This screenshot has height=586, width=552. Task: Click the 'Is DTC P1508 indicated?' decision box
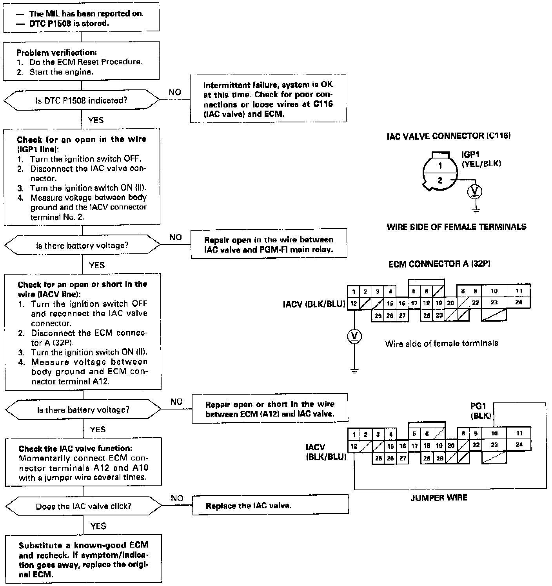tap(82, 100)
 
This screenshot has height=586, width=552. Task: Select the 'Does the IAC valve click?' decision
tap(84, 506)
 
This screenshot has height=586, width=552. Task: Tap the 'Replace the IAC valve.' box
tap(270, 505)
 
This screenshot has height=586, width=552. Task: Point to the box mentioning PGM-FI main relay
tap(269, 244)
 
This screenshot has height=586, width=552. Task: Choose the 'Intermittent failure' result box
tap(268, 99)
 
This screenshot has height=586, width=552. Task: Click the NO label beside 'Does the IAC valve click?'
tap(177, 498)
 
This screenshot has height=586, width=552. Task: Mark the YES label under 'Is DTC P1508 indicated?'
tap(96, 120)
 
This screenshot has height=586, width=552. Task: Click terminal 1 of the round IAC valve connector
tap(440, 166)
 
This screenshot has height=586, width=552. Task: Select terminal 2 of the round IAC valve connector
tap(440, 180)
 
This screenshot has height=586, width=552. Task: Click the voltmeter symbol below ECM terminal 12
tap(354, 335)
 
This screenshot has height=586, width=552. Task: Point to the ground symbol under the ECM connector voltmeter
tap(354, 371)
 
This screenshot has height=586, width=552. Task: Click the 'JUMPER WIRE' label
tap(439, 498)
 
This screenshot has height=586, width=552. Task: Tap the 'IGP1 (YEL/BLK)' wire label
tap(481, 159)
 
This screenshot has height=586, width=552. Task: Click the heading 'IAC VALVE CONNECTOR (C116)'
tap(448, 136)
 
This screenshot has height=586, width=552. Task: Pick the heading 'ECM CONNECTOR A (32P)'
tap(439, 264)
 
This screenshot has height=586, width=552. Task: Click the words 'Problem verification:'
tap(56, 53)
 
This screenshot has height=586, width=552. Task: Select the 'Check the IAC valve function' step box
tap(83, 462)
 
